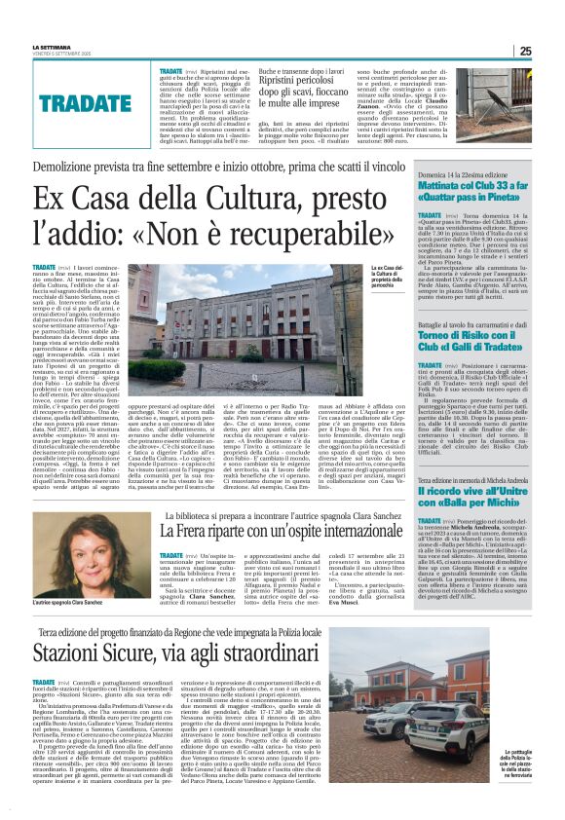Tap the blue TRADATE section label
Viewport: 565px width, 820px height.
pyautogui.click(x=85, y=101)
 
